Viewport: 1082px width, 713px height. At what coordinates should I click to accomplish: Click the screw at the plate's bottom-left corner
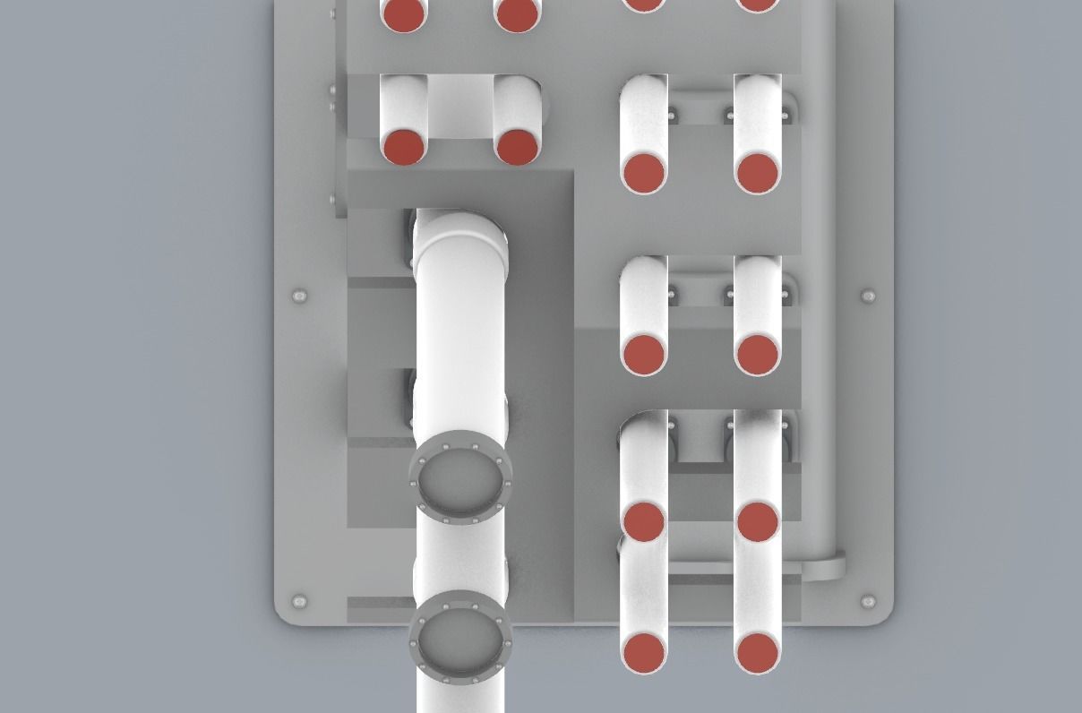click(299, 601)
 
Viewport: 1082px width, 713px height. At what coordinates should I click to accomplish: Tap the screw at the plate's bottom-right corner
click(868, 601)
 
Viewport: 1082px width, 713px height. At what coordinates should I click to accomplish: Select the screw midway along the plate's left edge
click(299, 296)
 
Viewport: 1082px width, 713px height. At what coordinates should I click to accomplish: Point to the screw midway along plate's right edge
click(868, 296)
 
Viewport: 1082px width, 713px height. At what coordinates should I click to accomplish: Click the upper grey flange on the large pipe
click(460, 477)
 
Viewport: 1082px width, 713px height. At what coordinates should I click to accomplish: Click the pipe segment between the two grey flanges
click(460, 557)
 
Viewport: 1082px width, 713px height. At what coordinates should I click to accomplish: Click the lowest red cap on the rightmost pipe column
click(758, 653)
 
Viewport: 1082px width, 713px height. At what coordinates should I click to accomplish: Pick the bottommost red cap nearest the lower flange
click(643, 653)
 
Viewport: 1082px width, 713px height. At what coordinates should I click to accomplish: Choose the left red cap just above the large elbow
click(404, 146)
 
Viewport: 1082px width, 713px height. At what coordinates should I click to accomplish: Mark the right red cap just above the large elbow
click(517, 147)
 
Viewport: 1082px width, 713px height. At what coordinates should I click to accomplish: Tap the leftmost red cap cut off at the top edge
click(404, 13)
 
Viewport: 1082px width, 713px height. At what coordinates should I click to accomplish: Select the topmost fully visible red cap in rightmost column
click(758, 173)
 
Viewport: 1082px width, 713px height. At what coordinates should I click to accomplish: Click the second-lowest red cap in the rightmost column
click(758, 521)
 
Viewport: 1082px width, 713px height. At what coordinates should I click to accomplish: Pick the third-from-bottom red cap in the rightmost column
click(758, 355)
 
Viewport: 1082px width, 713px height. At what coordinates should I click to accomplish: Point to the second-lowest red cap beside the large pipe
click(643, 521)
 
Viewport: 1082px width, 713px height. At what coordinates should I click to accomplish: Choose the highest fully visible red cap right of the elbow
click(643, 173)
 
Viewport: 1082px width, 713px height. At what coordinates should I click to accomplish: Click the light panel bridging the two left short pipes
click(459, 106)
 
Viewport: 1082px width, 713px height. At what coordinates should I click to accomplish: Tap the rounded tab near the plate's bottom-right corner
click(825, 569)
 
